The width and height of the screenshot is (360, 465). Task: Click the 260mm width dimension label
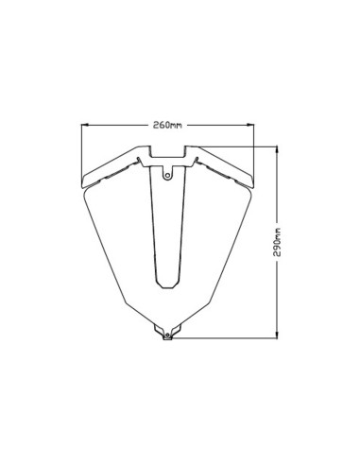(x=166, y=125)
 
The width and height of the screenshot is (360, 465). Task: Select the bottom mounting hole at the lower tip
(x=166, y=335)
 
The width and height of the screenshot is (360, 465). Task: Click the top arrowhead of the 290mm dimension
(x=277, y=148)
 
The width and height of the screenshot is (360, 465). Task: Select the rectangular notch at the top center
(x=166, y=150)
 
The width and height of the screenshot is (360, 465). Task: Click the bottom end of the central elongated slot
(x=166, y=286)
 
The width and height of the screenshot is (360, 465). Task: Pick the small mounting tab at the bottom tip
(x=166, y=331)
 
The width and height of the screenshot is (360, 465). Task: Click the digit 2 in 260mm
(x=154, y=125)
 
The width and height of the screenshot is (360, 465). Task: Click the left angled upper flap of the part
(x=113, y=168)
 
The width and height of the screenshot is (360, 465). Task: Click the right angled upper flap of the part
(x=220, y=168)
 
